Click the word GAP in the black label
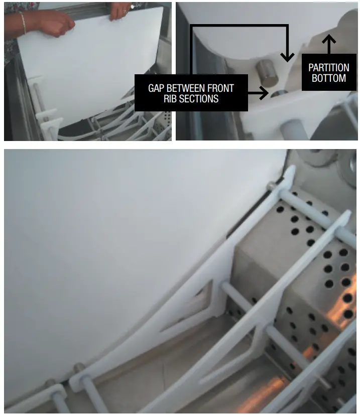click(157, 88)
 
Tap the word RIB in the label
click(171, 99)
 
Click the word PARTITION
click(329, 67)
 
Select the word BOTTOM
click(329, 78)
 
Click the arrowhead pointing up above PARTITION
click(329, 38)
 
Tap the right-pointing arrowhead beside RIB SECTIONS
click(265, 93)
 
